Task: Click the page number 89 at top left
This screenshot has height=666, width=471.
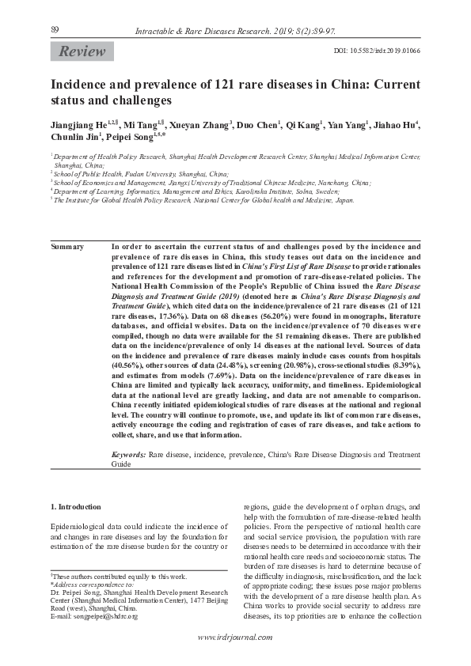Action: [55, 29]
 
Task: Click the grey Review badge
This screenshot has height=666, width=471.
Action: [82, 51]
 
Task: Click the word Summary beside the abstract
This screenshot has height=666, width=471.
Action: [67, 247]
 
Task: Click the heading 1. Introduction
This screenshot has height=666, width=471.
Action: [75, 507]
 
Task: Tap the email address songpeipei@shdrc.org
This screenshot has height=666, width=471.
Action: [93, 616]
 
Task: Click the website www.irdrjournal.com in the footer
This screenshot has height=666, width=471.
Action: [235, 638]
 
